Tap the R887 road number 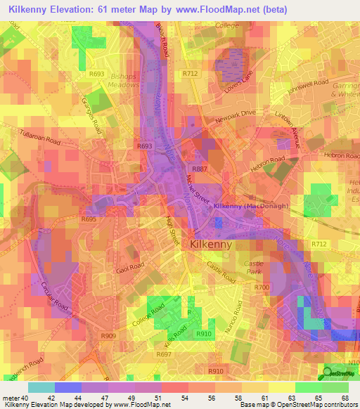coord(200,169)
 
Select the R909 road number coord(109,335)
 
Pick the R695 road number coord(89,219)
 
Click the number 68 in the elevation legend coord(344,397)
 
